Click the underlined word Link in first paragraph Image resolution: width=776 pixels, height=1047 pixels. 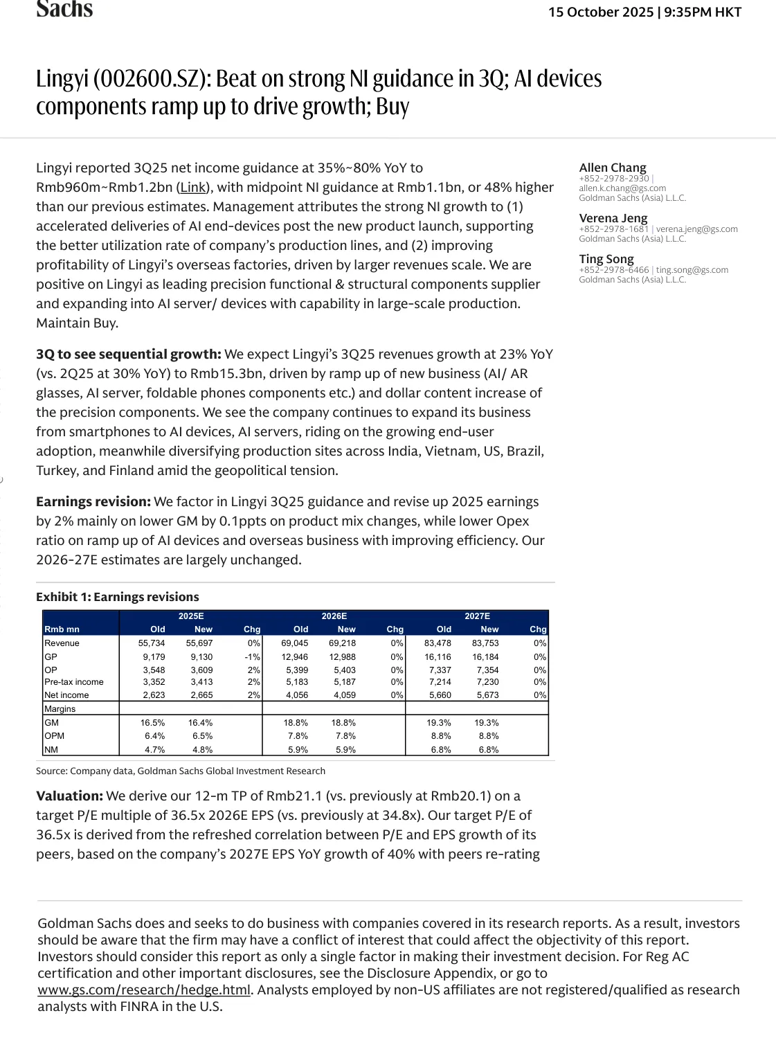[193, 188]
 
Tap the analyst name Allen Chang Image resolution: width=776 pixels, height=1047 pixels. [613, 168]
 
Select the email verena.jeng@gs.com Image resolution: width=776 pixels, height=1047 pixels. [697, 229]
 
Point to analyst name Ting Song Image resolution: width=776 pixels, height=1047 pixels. [606, 259]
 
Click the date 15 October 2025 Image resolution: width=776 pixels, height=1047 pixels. [601, 12]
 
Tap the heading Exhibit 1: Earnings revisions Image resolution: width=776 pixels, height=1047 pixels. [118, 597]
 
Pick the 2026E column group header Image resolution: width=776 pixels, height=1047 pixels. [334, 616]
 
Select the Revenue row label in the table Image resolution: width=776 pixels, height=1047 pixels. [62, 643]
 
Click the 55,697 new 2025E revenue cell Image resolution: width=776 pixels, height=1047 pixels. [199, 643]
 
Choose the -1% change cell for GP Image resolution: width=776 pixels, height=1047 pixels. [252, 657]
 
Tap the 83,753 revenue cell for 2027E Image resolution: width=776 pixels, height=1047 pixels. [485, 643]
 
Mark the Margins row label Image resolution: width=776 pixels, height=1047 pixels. [60, 709]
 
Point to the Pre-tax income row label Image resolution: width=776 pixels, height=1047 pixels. [73, 682]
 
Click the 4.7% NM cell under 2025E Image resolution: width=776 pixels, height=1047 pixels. [154, 750]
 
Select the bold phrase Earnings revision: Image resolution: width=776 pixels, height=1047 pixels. [93, 502]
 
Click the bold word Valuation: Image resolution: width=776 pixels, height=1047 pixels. [69, 796]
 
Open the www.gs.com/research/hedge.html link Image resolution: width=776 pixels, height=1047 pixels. [144, 990]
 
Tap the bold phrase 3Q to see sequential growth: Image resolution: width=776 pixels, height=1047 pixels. [129, 355]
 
